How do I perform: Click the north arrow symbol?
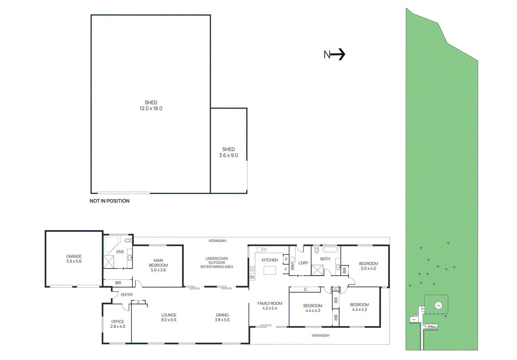point(338,54)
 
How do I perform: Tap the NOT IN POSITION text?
point(110,201)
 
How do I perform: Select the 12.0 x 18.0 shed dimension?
point(151,108)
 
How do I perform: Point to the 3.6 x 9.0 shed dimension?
point(228,155)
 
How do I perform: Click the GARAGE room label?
point(74,256)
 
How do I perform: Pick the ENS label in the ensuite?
point(120,252)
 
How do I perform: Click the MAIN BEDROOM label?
point(158,263)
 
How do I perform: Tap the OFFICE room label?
point(118,322)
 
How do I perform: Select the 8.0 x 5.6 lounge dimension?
point(169,320)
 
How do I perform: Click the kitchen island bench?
point(270,270)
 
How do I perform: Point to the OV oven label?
point(252,277)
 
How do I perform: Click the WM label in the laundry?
point(292,267)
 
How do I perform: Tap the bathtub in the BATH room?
point(330,250)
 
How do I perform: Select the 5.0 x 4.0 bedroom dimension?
point(368,268)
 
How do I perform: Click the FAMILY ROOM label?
point(270,303)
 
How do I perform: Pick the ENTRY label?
point(127,295)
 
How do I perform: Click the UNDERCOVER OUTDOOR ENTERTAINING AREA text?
point(217,262)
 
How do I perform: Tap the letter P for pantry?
point(286,259)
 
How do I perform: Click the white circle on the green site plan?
point(438,305)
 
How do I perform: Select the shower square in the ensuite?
point(109,262)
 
